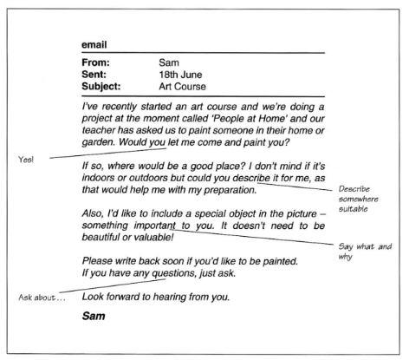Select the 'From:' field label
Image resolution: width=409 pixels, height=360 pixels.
coord(97,62)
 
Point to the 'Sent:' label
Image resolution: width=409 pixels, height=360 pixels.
coord(95,75)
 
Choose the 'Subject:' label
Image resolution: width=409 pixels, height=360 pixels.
coord(101,87)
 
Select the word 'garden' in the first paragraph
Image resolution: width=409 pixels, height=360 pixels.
coord(95,141)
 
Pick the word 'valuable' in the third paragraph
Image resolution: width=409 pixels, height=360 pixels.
coord(152,236)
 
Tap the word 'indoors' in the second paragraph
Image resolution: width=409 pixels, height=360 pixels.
coord(99,176)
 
